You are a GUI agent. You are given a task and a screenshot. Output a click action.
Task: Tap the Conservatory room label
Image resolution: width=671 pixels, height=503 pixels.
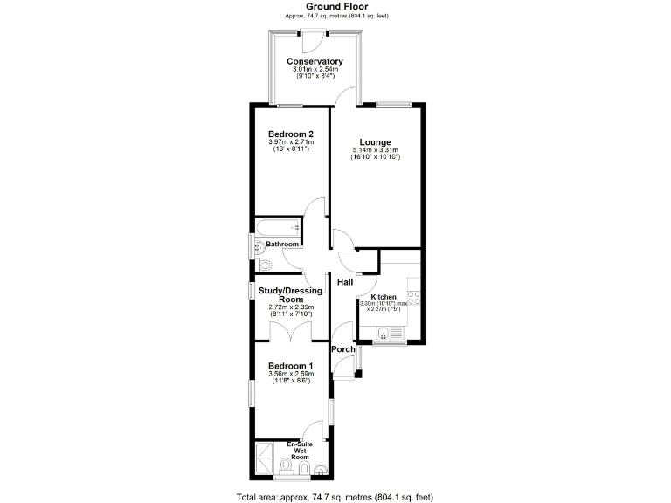(315, 62)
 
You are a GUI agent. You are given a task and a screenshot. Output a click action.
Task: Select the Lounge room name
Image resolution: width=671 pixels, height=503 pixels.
(374, 142)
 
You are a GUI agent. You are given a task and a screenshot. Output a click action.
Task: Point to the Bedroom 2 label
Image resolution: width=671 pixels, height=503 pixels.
(291, 134)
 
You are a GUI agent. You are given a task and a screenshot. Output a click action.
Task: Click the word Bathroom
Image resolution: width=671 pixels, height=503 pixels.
(283, 245)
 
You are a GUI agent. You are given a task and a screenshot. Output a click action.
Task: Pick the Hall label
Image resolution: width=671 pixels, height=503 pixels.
(345, 283)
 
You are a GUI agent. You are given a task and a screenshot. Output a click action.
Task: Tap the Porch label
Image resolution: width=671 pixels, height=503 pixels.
(343, 349)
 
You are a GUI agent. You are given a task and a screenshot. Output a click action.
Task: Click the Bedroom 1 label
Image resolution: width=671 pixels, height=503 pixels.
(290, 366)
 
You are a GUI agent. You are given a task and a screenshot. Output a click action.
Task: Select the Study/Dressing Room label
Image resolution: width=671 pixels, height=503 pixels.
(291, 294)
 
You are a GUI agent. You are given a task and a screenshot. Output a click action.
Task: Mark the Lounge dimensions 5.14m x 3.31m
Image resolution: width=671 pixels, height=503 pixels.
(374, 151)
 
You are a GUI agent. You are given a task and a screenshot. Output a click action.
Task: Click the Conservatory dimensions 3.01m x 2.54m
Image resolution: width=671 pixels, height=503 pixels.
(315, 70)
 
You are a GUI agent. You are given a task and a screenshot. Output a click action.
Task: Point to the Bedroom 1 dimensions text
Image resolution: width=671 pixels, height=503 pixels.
(290, 375)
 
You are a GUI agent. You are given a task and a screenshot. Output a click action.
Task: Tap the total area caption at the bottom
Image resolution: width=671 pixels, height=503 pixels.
(335, 497)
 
